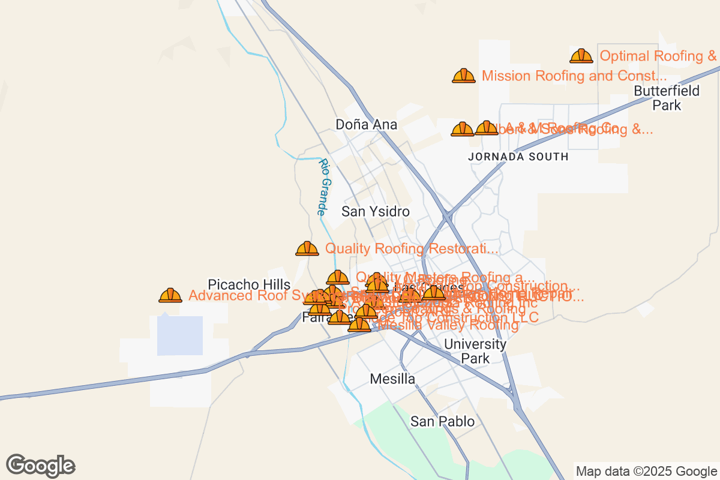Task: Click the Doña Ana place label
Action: (366, 125)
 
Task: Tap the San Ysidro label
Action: (376, 212)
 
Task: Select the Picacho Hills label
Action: (249, 284)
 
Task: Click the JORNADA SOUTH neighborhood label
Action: (518, 157)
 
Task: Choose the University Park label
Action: (475, 352)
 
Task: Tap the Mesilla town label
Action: (392, 379)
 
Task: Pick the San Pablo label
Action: (442, 422)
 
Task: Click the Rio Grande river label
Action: (324, 187)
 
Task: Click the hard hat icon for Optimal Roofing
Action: (581, 56)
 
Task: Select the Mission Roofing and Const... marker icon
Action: (464, 76)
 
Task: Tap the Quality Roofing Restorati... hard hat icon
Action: (307, 248)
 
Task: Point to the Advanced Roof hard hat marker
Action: (170, 295)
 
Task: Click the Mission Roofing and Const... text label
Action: (574, 76)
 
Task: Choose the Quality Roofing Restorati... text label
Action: (412, 248)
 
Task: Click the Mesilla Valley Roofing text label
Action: (449, 325)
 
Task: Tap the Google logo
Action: (41, 466)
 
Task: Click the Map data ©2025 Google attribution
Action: (646, 471)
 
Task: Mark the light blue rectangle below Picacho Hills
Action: (180, 335)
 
